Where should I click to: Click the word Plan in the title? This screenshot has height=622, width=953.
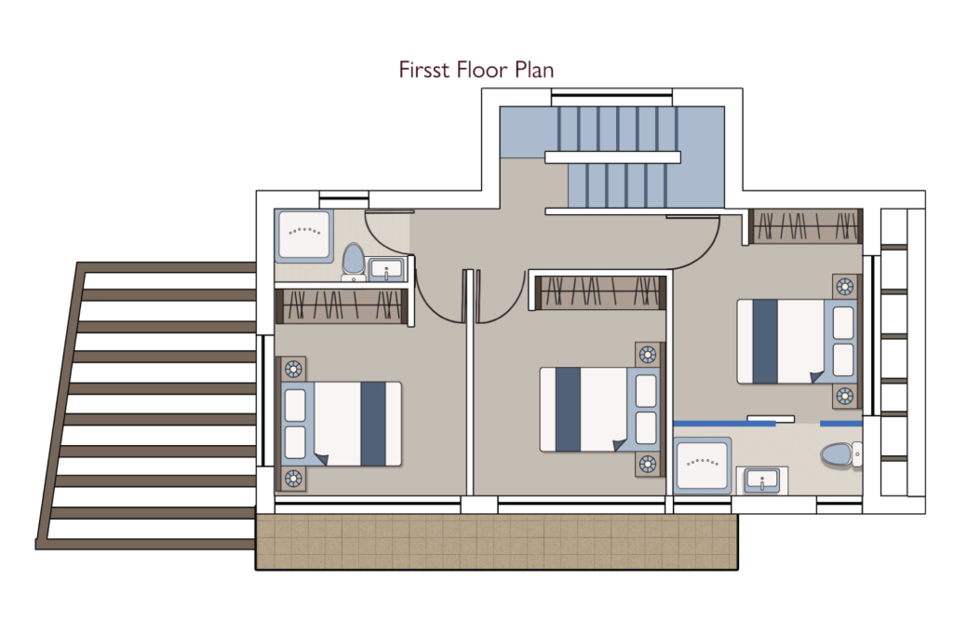click(533, 70)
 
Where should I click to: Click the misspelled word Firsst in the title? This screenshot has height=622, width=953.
click(425, 70)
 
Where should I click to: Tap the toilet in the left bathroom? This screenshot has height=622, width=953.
click(353, 261)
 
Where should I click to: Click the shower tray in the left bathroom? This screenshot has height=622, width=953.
click(304, 236)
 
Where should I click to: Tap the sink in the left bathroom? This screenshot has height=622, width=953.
click(386, 269)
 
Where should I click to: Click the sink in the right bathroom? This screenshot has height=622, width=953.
click(762, 480)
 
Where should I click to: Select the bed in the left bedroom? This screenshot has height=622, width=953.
click(341, 424)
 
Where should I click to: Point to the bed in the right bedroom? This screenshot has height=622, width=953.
click(797, 341)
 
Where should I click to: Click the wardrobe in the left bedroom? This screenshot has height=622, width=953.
click(341, 305)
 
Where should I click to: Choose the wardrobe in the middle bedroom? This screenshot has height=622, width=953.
click(600, 292)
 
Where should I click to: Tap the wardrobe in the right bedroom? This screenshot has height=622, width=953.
click(806, 226)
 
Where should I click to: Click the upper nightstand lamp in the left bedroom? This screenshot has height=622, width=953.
click(293, 369)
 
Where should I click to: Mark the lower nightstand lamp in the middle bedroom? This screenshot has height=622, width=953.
click(648, 465)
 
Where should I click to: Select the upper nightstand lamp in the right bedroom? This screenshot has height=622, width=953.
click(845, 286)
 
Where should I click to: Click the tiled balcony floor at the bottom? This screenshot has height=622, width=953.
click(497, 542)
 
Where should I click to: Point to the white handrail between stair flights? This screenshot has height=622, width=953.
click(612, 157)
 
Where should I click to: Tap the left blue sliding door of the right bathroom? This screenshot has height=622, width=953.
click(724, 423)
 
